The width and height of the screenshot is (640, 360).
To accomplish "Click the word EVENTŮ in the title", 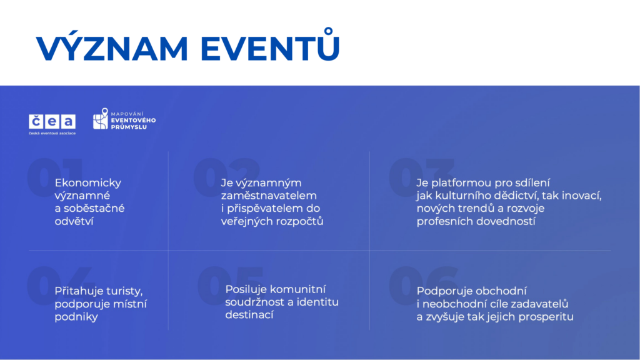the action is click(x=270, y=44).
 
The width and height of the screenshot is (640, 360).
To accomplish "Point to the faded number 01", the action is click(x=55, y=177).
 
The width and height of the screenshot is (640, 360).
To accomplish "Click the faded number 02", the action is click(x=226, y=177).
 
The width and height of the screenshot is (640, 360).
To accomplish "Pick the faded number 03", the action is click(x=421, y=177).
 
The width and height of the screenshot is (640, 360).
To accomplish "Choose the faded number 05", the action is click(x=231, y=286).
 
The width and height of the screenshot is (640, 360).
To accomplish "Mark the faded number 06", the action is click(x=423, y=286).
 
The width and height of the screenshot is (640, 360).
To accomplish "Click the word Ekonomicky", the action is click(x=87, y=183).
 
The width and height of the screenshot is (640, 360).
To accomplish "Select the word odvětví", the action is click(x=74, y=221).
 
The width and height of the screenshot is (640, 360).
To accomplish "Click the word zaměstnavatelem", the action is click(x=269, y=196).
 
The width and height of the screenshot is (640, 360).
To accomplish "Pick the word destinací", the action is click(x=249, y=315).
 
